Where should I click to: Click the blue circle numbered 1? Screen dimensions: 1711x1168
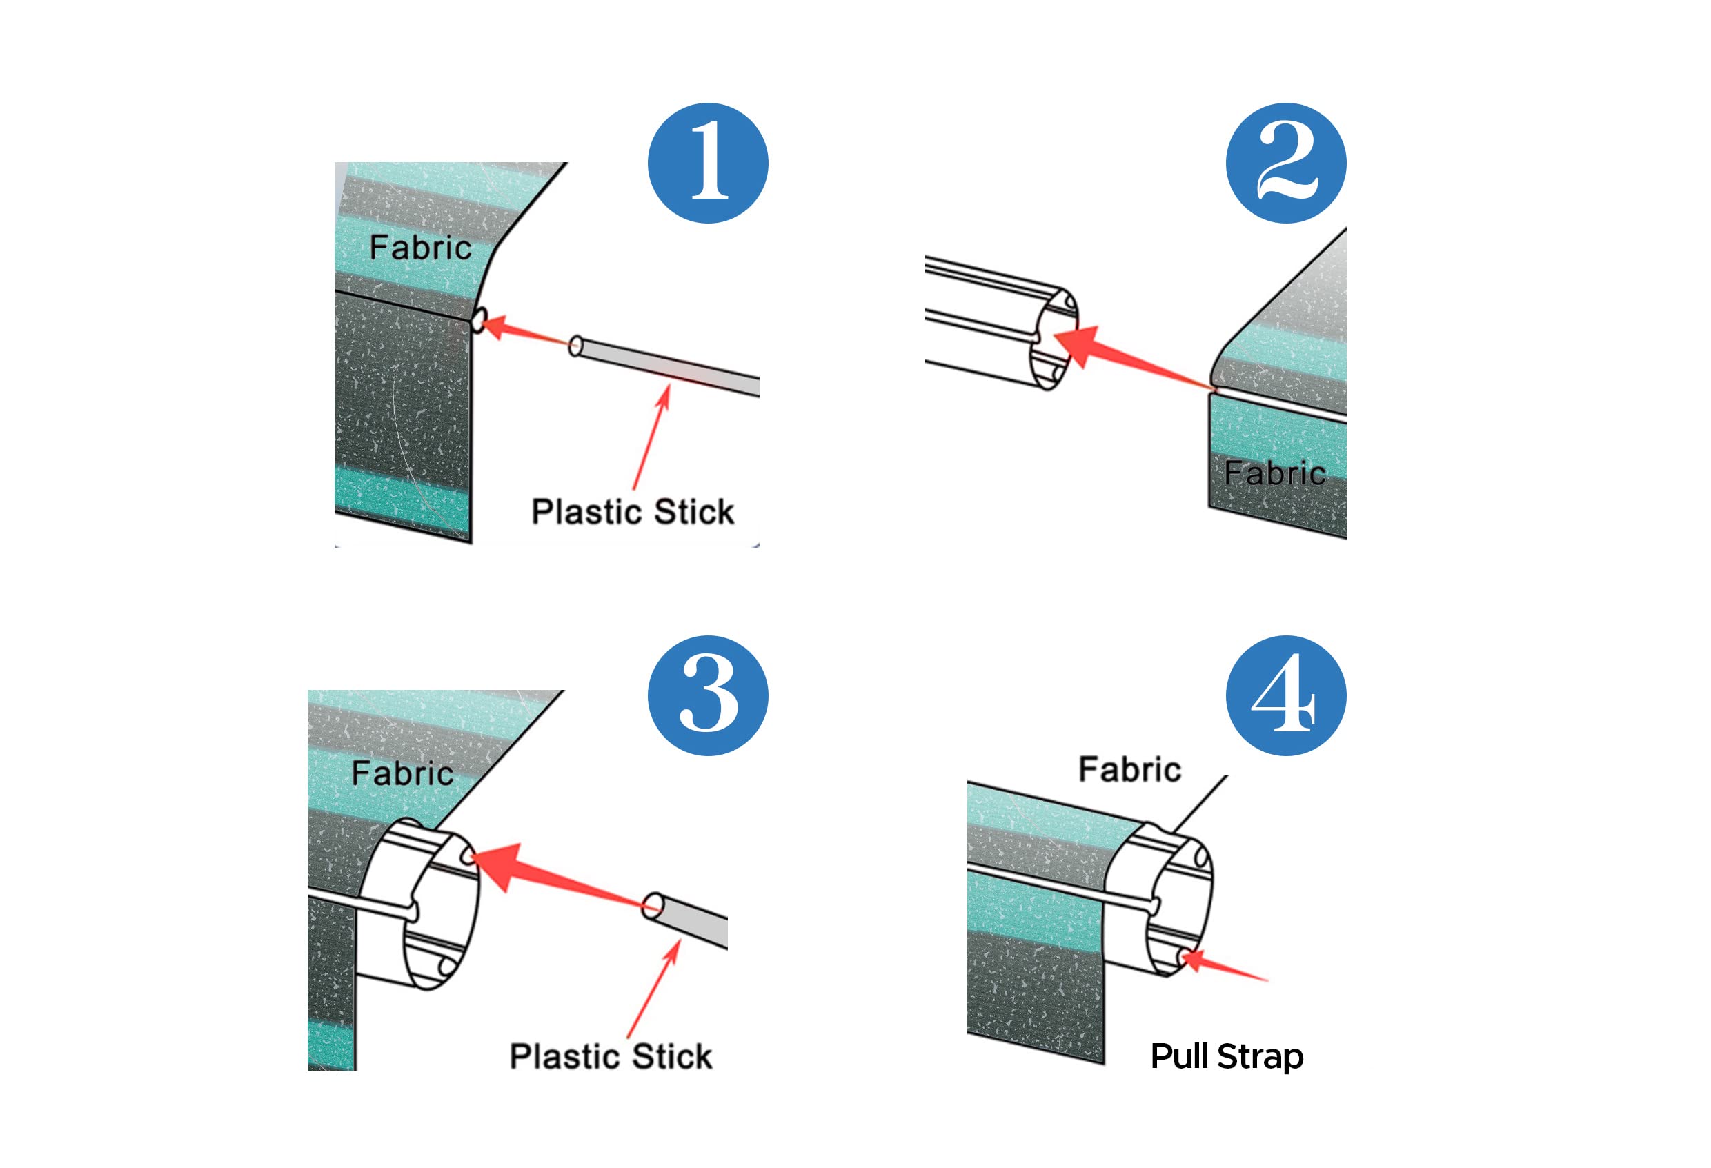point(708,163)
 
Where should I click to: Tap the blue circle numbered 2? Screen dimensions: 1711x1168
point(1285,163)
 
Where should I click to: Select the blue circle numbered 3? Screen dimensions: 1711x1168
point(708,695)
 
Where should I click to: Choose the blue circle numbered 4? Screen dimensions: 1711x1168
point(1285,695)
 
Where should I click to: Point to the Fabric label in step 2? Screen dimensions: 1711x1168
point(1274,473)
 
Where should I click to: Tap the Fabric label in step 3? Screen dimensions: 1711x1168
point(402,773)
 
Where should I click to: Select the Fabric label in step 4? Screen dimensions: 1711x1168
point(1129,769)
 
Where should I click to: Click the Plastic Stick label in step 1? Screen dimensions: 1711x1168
point(633,511)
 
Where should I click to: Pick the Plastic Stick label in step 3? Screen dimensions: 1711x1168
point(611,1056)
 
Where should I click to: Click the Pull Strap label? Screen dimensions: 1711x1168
point(1227,1057)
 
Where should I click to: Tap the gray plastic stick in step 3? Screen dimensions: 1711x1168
point(684,920)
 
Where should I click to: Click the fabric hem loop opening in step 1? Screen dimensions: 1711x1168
point(479,320)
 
